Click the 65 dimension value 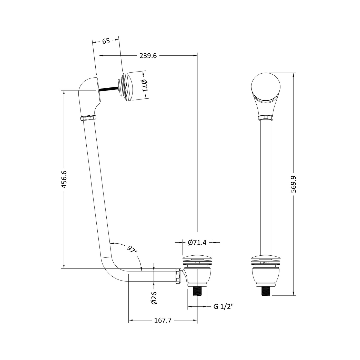point(106,41)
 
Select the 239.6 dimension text point(148,56)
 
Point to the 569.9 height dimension point(294,184)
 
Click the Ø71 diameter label point(144,86)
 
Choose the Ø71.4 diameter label point(197,242)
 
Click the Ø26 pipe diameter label point(154,298)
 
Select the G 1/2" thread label point(223,306)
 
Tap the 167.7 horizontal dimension point(163,320)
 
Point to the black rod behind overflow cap point(108,88)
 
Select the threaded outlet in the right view point(266,291)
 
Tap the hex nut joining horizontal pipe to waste point(178,276)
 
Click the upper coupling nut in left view point(88,118)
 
